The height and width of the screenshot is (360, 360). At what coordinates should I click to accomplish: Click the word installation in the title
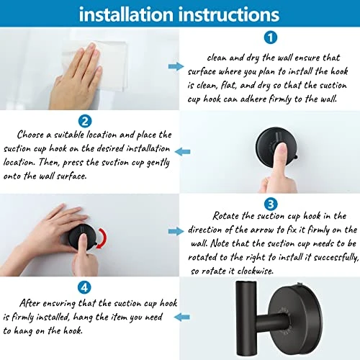pyautogui.click(x=123, y=14)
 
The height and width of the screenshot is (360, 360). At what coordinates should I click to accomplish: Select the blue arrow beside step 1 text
pyautogui.click(x=175, y=66)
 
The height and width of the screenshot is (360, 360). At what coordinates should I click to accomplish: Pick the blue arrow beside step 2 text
pyautogui.click(x=186, y=151)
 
